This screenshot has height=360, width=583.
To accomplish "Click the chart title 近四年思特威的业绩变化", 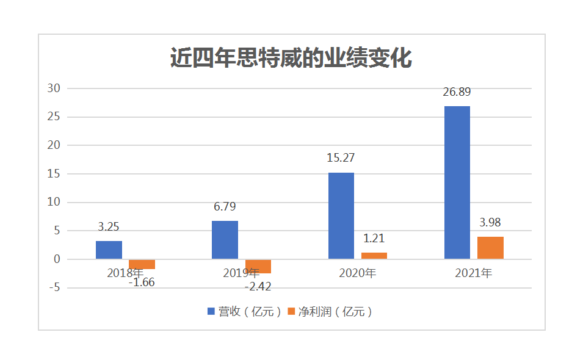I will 291,59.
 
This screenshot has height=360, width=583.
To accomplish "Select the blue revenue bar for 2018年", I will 109,250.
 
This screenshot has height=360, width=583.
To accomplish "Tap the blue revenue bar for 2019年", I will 225,240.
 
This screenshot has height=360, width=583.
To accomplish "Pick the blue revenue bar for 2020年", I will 341,215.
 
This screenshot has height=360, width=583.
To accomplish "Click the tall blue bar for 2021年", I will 457,182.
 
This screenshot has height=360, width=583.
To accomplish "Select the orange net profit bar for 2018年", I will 142,264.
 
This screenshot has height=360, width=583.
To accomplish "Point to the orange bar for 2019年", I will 258,266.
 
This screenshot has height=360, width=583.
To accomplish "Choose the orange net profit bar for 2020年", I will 374,256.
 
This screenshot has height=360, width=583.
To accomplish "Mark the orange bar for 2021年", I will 490,248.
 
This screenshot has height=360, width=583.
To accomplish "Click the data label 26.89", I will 457,92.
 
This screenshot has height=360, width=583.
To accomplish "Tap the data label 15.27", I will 341,158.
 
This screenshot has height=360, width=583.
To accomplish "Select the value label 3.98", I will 490,223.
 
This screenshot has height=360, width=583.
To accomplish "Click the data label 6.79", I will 225,207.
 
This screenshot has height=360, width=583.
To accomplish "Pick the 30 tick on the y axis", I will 54,88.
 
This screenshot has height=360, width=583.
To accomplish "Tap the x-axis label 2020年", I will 357,273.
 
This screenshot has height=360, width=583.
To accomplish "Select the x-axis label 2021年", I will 474,273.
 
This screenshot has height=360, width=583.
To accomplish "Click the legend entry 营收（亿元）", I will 245,312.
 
